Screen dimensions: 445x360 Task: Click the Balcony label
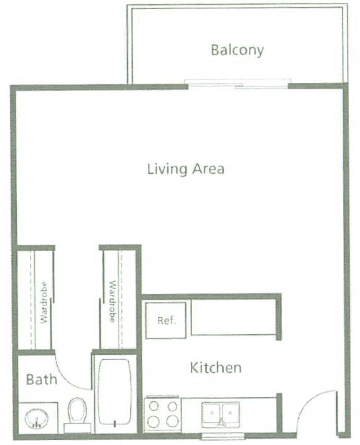pyautogui.click(x=237, y=50)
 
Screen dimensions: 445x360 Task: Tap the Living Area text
pyautogui.click(x=186, y=169)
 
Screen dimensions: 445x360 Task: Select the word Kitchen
pyautogui.click(x=215, y=368)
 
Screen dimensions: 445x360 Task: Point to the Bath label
pyautogui.click(x=41, y=379)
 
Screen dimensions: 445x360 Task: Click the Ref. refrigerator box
pyautogui.click(x=166, y=321)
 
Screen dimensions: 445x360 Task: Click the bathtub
pyautogui.click(x=114, y=393)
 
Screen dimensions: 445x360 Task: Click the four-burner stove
pyautogui.click(x=162, y=414)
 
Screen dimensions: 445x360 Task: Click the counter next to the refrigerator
pyautogui.click(x=234, y=318)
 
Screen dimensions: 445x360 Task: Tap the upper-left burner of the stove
pyautogui.click(x=154, y=406)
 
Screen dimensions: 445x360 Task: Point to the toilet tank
pyautogui.click(x=77, y=428)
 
